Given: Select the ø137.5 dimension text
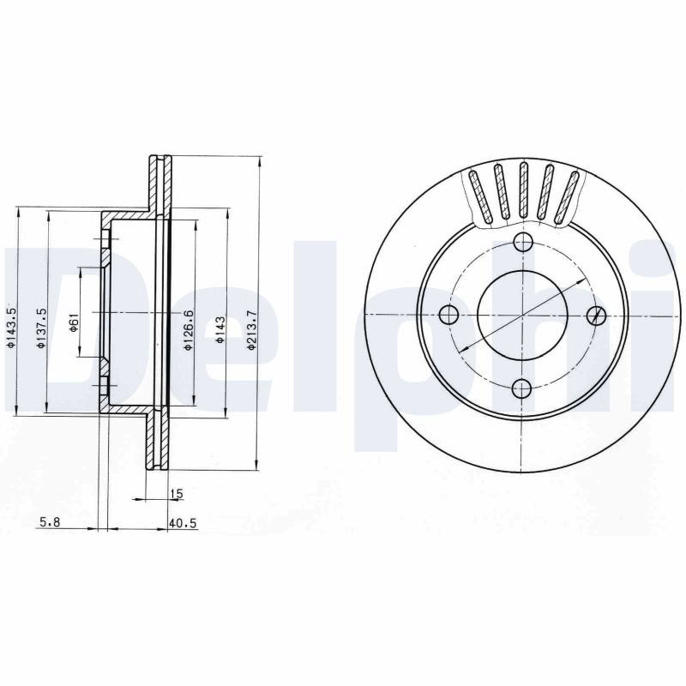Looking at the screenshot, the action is click(x=41, y=328).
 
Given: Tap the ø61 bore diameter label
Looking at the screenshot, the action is click(x=74, y=322).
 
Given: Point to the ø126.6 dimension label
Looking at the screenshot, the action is click(x=189, y=329).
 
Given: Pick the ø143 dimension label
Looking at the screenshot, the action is click(x=220, y=329).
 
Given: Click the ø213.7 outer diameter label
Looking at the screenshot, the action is click(x=251, y=330).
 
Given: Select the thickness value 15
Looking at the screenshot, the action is click(x=177, y=494).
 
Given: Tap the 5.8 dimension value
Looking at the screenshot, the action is click(x=50, y=522).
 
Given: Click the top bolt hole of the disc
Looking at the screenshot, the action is click(x=523, y=242).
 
